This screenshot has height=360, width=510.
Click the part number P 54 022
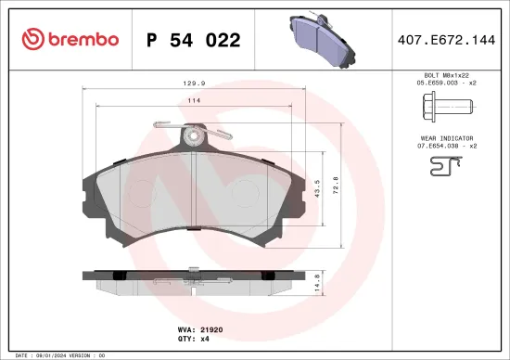(x=194, y=40)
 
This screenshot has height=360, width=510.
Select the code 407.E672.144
(x=447, y=40)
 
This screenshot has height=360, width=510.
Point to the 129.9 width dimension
(x=194, y=83)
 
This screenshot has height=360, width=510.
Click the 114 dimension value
(x=195, y=100)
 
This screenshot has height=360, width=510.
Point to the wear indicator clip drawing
(x=444, y=166)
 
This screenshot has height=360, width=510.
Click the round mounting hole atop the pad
(x=194, y=135)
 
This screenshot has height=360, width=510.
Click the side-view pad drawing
(x=194, y=278)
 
